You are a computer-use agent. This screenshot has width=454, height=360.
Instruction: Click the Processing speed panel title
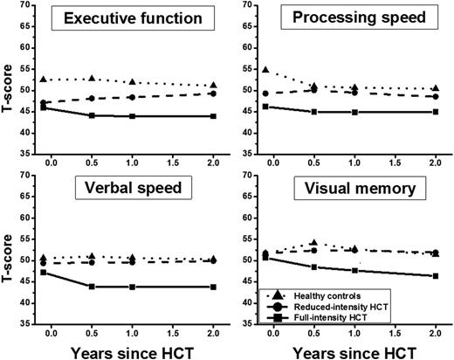pyautogui.click(x=350, y=18)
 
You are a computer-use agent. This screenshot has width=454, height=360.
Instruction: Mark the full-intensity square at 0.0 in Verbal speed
pyautogui.click(x=44, y=272)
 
